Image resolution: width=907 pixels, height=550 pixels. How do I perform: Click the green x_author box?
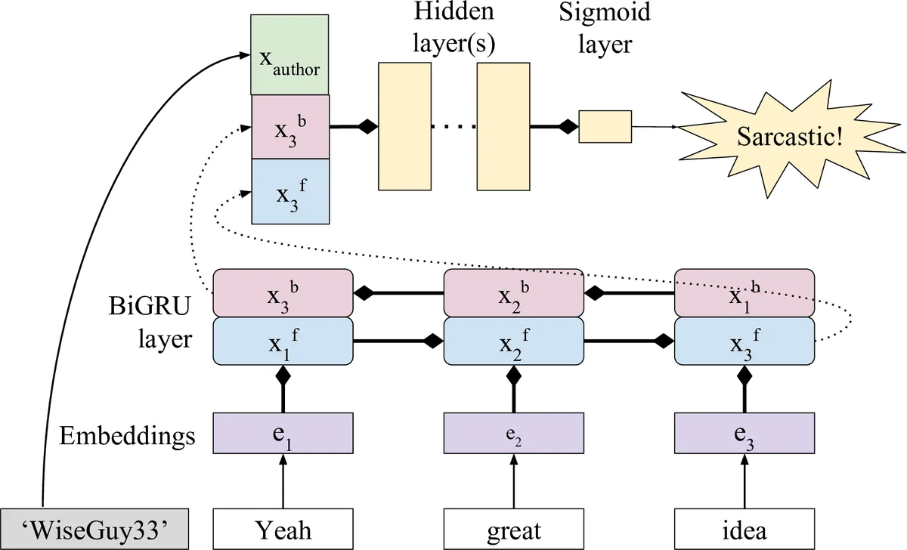(289, 54)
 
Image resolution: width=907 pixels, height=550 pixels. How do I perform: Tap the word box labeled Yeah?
(283, 530)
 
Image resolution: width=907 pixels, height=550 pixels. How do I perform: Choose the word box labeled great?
(514, 530)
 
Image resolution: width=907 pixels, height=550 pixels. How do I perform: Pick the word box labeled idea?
(744, 530)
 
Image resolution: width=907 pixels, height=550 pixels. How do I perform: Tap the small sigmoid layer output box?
(605, 127)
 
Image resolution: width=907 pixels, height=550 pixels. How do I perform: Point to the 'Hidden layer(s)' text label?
(453, 29)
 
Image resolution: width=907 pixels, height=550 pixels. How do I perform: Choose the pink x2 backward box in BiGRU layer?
(514, 292)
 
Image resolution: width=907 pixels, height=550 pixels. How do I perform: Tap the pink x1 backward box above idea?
(744, 292)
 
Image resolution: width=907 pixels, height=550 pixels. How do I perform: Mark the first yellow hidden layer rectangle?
(404, 126)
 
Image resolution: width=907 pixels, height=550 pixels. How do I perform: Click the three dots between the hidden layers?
(453, 127)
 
